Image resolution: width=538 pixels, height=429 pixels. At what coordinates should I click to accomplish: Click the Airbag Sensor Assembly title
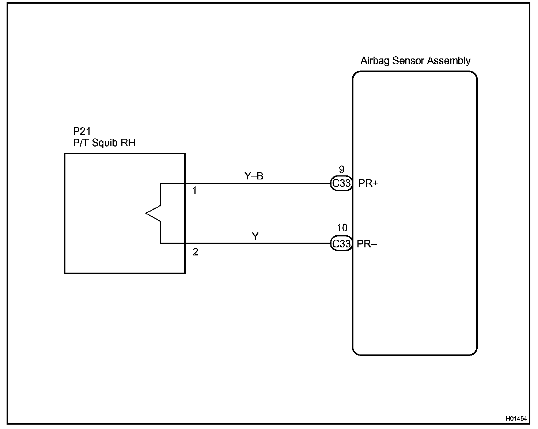pos(415,61)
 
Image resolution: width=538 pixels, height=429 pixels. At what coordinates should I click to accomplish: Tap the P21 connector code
pos(82,131)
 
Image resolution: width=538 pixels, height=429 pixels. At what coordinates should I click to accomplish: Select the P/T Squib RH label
pos(104,143)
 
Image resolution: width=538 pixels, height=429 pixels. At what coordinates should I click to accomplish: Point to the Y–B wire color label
pos(254,176)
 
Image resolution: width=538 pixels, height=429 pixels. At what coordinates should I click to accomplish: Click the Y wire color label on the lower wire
pos(255,237)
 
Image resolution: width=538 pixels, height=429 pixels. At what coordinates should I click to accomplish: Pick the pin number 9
pos(342,170)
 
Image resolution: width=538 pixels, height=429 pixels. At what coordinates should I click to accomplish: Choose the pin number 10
pos(342,228)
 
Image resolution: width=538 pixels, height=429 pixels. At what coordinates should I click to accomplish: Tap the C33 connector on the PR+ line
pos(341,183)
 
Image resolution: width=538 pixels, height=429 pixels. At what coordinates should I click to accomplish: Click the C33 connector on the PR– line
pos(341,243)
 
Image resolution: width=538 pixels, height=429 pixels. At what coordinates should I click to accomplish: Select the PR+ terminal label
pos(368,183)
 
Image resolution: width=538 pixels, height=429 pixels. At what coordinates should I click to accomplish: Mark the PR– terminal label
pos(367,244)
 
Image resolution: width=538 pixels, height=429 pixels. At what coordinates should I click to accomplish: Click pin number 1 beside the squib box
pos(194,191)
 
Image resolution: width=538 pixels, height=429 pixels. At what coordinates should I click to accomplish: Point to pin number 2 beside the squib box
pos(195,252)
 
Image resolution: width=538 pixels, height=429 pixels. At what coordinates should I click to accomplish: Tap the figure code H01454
pos(516,418)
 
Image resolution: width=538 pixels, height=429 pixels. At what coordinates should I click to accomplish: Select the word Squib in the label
pos(104,143)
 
